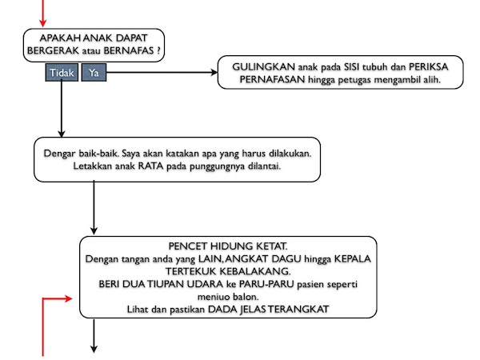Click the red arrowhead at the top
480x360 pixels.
(x=43, y=21)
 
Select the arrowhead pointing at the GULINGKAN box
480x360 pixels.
(x=214, y=74)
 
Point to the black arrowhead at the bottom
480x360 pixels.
(x=94, y=347)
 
